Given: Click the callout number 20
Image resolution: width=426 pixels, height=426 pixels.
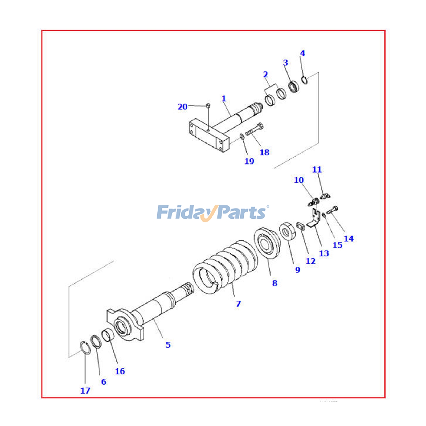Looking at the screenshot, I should point(182,107).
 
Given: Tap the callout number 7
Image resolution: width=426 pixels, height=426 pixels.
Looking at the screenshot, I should point(238,304).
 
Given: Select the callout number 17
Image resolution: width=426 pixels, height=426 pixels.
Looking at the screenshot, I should point(85,391).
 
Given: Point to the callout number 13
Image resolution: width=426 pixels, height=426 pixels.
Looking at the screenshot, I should point(324,253).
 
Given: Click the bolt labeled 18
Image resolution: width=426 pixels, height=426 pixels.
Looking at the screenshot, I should point(254,130).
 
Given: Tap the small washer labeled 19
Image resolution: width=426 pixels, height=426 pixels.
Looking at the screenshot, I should point(242,137).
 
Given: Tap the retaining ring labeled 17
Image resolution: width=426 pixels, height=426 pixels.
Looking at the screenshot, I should point(85,348).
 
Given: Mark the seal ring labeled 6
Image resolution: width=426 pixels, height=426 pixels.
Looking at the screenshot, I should point(96,341).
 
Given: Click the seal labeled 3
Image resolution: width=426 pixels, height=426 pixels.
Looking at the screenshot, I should point(293,87).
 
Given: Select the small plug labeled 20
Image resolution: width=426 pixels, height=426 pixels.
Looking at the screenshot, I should point(208,105).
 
